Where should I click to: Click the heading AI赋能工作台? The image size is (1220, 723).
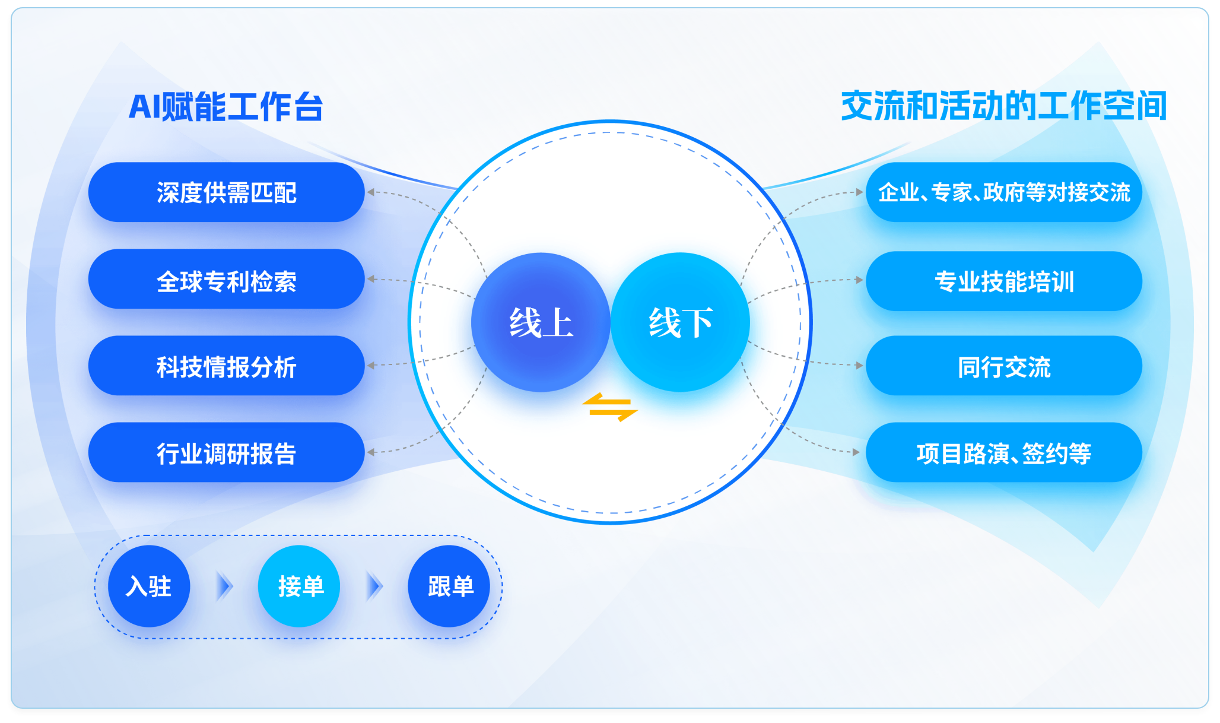225,107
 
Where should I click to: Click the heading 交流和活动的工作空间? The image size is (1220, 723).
1004,106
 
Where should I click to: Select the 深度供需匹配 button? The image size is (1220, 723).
226,192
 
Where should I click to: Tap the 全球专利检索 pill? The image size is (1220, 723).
226,279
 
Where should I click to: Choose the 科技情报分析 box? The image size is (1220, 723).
226,366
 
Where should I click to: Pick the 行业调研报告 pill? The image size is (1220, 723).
226,452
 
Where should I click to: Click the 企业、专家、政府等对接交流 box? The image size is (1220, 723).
1004,192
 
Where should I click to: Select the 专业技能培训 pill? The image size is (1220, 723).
1004,280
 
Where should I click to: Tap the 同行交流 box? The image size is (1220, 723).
1004,366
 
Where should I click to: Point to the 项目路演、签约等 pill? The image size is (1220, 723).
1004,452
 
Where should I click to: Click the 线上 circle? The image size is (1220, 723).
541,322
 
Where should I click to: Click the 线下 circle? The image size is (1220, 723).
681,322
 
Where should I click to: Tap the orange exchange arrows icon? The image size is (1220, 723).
610,407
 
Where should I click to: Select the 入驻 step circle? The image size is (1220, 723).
149,586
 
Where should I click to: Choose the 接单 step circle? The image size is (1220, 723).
299,586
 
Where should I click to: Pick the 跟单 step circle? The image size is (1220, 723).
449,586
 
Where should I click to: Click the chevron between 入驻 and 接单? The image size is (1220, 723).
224,586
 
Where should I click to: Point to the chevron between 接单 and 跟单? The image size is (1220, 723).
374,586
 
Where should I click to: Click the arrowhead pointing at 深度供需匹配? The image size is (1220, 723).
371,192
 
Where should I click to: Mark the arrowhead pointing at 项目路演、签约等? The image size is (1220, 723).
856,452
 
